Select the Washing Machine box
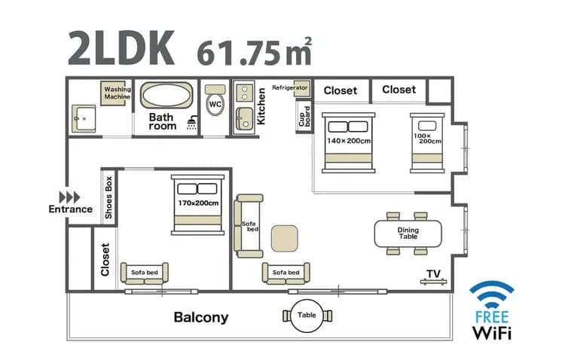click(117, 94)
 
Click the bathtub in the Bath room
click(167, 97)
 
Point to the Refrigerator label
click(290, 87)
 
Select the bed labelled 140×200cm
click(348, 142)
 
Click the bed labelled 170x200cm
click(198, 204)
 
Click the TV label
click(433, 273)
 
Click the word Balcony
click(200, 317)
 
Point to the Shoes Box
click(109, 197)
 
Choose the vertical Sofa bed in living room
click(249, 225)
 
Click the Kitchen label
click(261, 105)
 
